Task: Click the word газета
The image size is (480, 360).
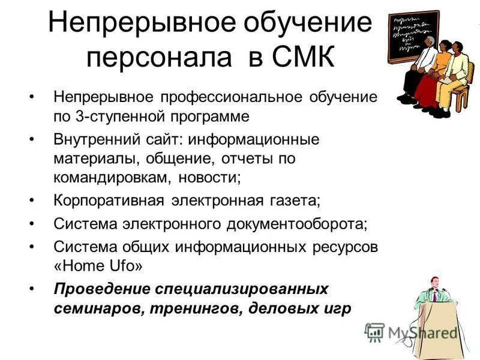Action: pyautogui.click(x=298, y=200)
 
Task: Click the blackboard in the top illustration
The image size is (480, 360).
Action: pyautogui.click(x=413, y=35)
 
